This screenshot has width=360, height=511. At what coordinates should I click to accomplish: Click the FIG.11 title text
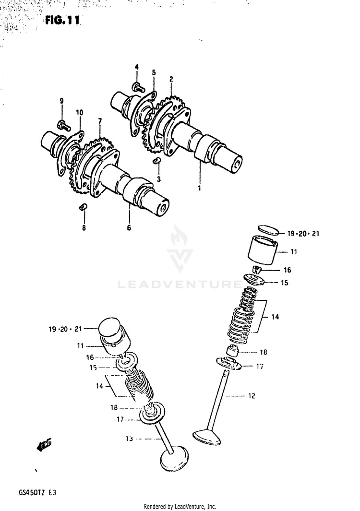pyautogui.click(x=62, y=21)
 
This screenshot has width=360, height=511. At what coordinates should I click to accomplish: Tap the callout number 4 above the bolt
pyautogui.click(x=136, y=67)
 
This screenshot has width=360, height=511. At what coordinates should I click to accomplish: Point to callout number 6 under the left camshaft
pyautogui.click(x=129, y=228)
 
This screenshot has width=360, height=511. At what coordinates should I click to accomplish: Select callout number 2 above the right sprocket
pyautogui.click(x=171, y=79)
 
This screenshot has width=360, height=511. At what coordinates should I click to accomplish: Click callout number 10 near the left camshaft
pyautogui.click(x=79, y=113)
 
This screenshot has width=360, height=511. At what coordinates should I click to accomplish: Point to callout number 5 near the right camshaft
pyautogui.click(x=154, y=72)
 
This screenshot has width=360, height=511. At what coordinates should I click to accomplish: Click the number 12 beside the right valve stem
pyautogui.click(x=252, y=396)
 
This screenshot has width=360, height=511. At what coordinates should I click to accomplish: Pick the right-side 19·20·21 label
pyautogui.click(x=303, y=234)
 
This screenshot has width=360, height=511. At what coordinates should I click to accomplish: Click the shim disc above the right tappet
pyautogui.click(x=265, y=230)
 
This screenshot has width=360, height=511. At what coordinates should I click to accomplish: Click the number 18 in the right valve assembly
pyautogui.click(x=263, y=352)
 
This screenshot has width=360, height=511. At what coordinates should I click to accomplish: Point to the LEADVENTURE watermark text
pyautogui.click(x=180, y=285)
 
